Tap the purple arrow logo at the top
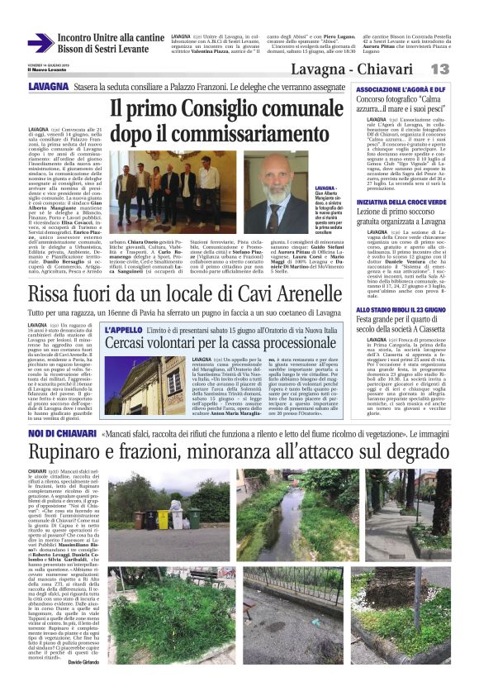[x=40, y=44]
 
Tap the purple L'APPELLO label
[x=124, y=330]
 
